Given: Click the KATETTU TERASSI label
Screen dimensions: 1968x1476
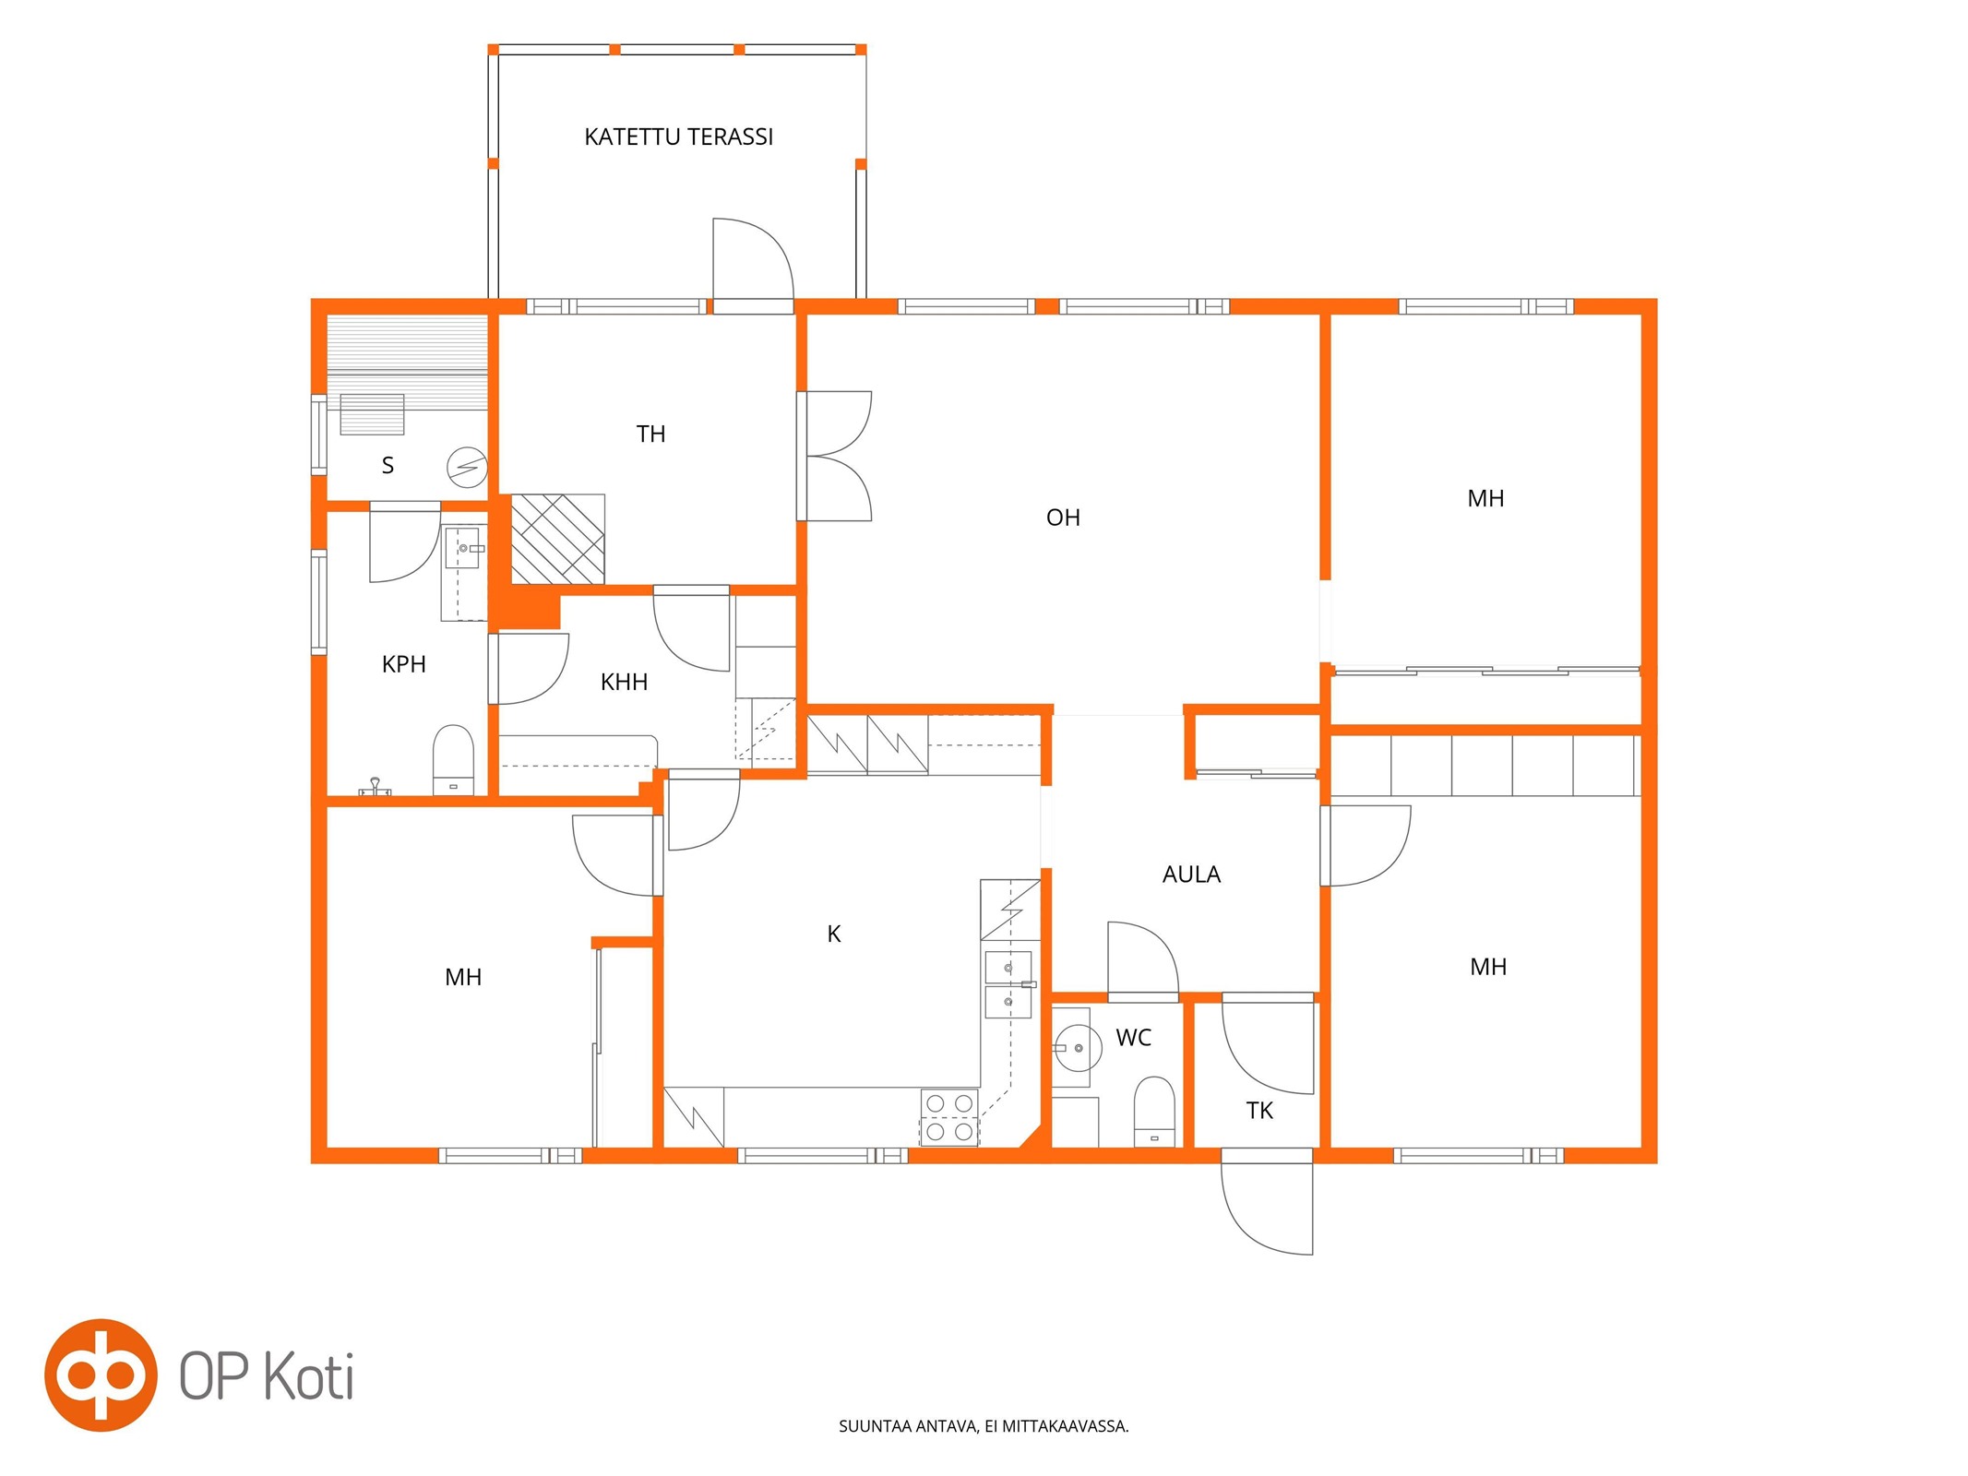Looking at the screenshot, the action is (x=678, y=137).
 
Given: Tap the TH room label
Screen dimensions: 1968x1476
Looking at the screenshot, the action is (x=650, y=434).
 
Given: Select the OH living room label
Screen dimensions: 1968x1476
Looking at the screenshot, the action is (x=1063, y=518).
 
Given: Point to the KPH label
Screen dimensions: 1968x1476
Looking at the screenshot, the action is (x=403, y=664).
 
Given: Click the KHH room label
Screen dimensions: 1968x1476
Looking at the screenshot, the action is (x=624, y=682).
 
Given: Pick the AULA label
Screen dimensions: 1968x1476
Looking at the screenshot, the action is (x=1191, y=875).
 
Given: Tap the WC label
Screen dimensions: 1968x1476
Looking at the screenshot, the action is (x=1133, y=1038).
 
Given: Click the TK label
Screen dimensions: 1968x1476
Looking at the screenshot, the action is (x=1259, y=1111).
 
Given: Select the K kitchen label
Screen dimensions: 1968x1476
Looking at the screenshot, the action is (x=834, y=934).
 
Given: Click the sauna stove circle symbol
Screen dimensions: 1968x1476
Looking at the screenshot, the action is (x=467, y=468).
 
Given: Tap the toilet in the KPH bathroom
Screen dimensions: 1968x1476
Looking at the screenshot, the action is (x=453, y=760).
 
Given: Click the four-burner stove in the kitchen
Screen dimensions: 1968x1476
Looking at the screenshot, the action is (x=949, y=1117).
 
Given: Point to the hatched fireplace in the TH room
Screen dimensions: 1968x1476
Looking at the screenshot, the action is (x=558, y=539).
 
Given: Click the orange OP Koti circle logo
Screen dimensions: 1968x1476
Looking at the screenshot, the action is (x=101, y=1375).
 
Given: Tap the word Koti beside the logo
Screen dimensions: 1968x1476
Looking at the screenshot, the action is (x=309, y=1377).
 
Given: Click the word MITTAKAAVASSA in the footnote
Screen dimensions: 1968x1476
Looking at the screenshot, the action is (x=1066, y=1426).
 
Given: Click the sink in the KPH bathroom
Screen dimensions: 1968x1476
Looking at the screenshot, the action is (x=463, y=549).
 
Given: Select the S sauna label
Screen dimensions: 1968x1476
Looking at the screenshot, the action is (x=388, y=466).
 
